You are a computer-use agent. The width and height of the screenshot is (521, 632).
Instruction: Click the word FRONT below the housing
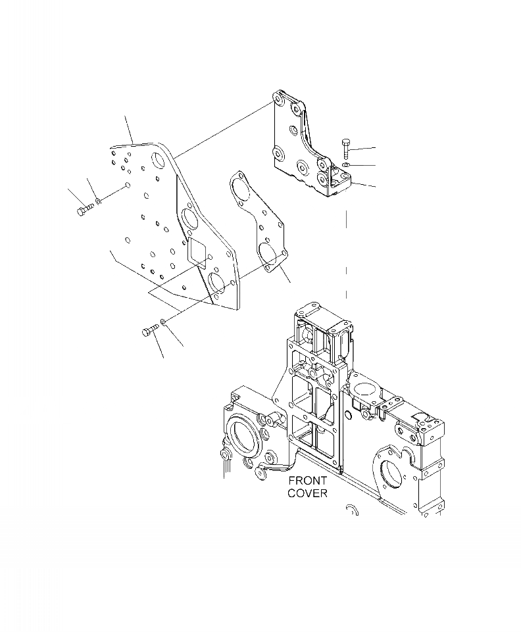pos(307,481)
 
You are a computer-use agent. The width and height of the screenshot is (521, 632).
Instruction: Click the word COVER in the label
pos(307,493)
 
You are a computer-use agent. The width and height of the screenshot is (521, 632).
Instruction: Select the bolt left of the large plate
pos(84,211)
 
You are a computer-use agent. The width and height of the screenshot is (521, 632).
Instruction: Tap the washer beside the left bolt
pos(99,201)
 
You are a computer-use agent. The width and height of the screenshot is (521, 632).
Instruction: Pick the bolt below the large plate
pos(149,331)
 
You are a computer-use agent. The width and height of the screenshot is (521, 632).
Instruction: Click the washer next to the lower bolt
pos(163,322)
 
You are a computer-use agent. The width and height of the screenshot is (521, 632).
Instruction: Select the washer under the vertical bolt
pos(346,164)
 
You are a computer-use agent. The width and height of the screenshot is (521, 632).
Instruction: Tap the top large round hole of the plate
pos(159,161)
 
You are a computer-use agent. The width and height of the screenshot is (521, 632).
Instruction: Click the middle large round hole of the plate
pos(187,220)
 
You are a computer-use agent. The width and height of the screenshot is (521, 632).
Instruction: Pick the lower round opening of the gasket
pos(268,253)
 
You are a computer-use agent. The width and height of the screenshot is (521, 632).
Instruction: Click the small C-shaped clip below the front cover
pos(351,510)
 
